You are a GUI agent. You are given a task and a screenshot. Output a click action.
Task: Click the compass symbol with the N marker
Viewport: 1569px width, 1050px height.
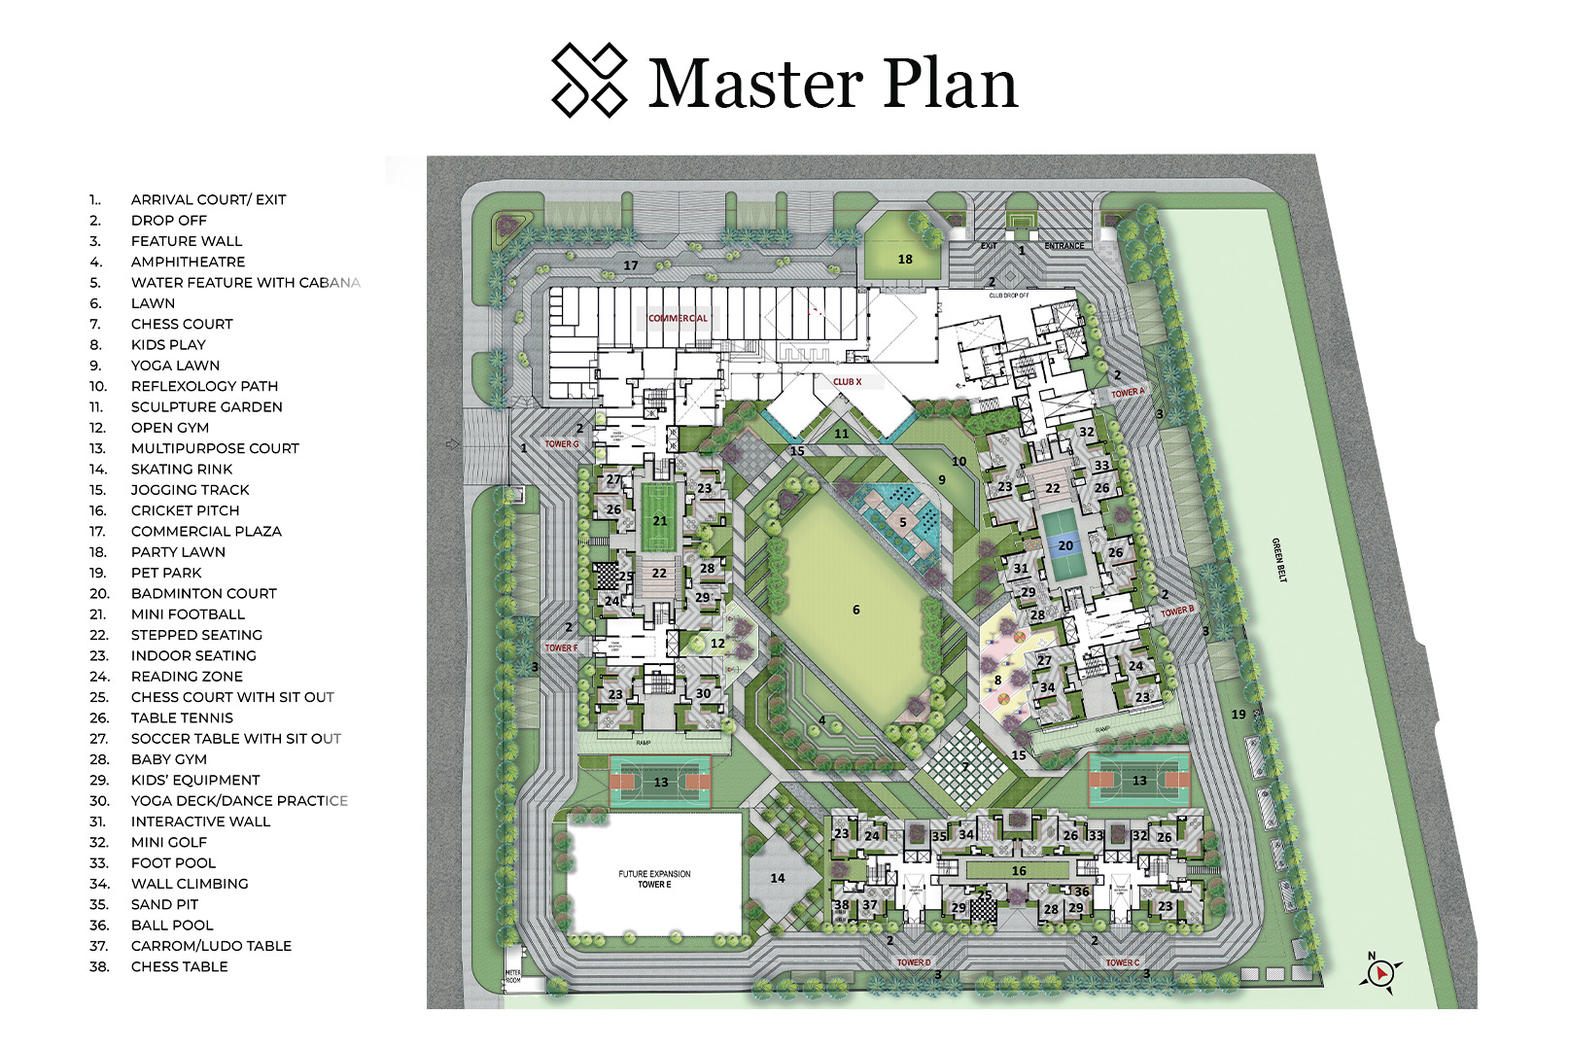tap(1380, 972)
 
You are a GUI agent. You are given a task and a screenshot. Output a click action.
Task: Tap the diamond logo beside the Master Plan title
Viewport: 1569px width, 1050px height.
tap(588, 81)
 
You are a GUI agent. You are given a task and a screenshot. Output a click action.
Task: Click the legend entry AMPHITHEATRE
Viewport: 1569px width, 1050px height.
tap(188, 262)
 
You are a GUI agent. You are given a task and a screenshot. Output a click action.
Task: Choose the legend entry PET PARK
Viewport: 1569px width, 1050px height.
tap(166, 573)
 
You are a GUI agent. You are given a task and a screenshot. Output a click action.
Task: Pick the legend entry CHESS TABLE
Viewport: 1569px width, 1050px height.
tap(179, 966)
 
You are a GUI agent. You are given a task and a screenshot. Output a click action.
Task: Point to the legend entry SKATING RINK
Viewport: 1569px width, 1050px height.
tap(182, 469)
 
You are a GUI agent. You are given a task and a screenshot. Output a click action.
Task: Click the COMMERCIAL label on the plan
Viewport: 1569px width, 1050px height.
tap(678, 318)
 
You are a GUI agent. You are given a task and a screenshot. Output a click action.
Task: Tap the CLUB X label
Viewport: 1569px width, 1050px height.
tap(847, 382)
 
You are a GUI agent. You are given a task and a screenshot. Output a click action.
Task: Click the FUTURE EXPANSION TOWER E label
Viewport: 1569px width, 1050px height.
tap(654, 879)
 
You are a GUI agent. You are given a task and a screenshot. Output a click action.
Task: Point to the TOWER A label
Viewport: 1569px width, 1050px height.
tap(1128, 393)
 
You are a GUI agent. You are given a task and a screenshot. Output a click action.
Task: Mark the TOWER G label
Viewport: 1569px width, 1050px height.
tap(561, 444)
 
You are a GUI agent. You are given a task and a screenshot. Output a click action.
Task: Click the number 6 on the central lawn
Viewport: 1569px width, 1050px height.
tap(855, 610)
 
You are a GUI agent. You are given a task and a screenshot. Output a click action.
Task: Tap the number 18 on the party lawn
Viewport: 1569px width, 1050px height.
tap(905, 260)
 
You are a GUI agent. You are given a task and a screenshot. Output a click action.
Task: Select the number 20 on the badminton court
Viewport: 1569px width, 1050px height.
tap(1065, 545)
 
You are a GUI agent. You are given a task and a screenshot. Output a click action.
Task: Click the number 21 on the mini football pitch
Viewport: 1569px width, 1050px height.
tap(660, 521)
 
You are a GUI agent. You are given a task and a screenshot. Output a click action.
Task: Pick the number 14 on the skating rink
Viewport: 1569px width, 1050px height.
tap(778, 878)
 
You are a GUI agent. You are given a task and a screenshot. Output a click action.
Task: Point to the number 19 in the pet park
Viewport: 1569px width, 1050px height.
tap(1238, 715)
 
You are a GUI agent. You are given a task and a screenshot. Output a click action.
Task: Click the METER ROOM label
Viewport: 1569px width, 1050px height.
tap(512, 976)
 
